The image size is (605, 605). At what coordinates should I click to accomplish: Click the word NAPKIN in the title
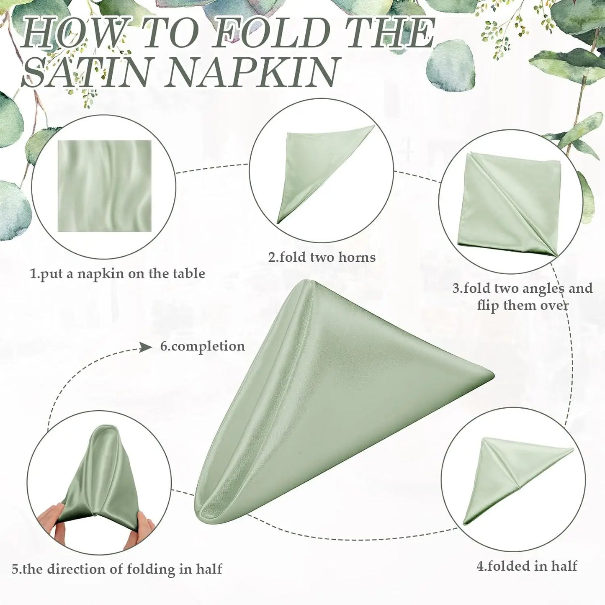pos(251,72)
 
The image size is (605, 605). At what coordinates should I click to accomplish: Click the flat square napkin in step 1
pos(105,186)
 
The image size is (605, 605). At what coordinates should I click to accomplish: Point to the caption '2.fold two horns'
pos(322,257)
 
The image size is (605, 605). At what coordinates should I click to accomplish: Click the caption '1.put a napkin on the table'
pos(118,274)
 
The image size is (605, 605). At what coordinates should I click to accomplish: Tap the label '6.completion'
pos(203,347)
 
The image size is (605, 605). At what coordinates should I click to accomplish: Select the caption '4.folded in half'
pos(527,566)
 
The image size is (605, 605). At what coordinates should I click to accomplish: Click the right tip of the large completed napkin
pos(492,374)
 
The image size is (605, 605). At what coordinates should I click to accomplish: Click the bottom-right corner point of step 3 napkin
pos(557,255)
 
